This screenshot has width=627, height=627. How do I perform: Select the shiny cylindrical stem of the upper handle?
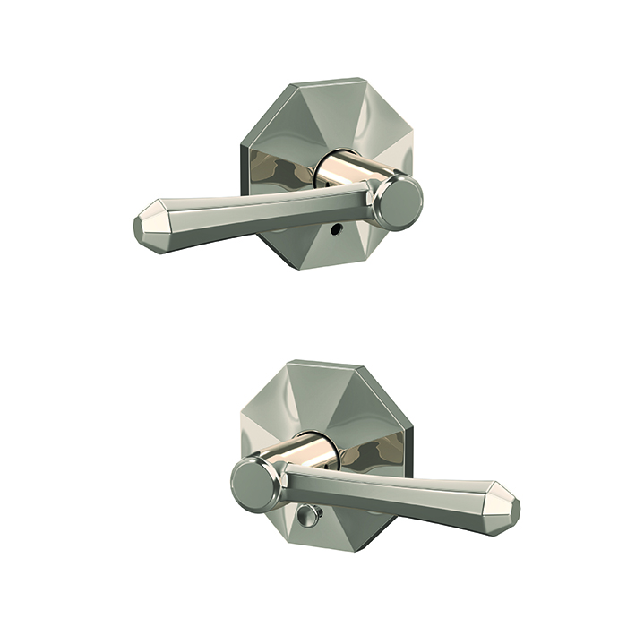[354, 170]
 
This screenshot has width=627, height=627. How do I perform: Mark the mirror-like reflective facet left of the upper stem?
[273, 170]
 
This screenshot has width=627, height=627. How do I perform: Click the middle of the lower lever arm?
[394, 495]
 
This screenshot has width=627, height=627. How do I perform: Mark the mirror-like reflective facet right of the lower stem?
[367, 455]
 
